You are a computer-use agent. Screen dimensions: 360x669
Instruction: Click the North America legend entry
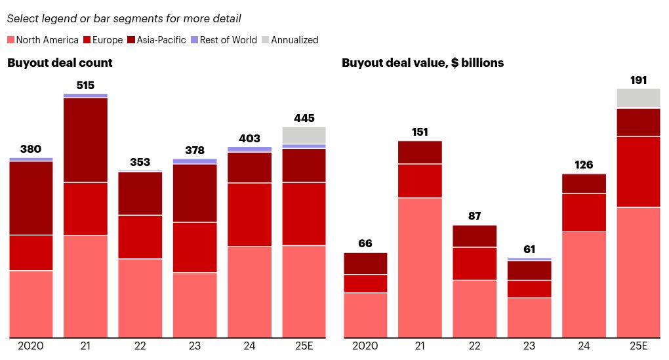point(43,40)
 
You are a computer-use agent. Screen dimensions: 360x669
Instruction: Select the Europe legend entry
point(103,40)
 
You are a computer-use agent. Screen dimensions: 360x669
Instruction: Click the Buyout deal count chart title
point(60,63)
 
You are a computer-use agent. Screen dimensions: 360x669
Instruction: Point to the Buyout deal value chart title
point(422,63)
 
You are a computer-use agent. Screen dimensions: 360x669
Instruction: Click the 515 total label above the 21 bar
point(85,85)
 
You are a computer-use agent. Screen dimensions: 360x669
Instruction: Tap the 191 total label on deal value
point(638,80)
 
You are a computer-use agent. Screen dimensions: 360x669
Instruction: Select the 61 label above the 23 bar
point(529,249)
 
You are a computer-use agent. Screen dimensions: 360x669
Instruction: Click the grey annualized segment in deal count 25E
point(304,135)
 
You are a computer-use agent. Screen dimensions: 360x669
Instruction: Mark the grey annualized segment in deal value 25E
point(638,98)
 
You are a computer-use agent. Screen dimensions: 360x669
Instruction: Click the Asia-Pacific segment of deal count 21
point(85,140)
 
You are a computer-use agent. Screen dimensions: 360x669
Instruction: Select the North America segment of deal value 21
point(420,268)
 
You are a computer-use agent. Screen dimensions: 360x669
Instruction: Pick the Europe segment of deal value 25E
point(638,171)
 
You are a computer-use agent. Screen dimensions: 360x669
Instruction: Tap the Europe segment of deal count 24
point(249,214)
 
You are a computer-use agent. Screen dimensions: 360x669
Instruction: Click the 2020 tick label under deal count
point(31,346)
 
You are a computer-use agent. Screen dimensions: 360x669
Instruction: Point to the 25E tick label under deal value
point(638,346)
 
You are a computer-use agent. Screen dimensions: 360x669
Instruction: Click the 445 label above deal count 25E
point(304,118)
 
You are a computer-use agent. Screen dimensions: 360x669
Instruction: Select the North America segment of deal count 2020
point(31,304)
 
